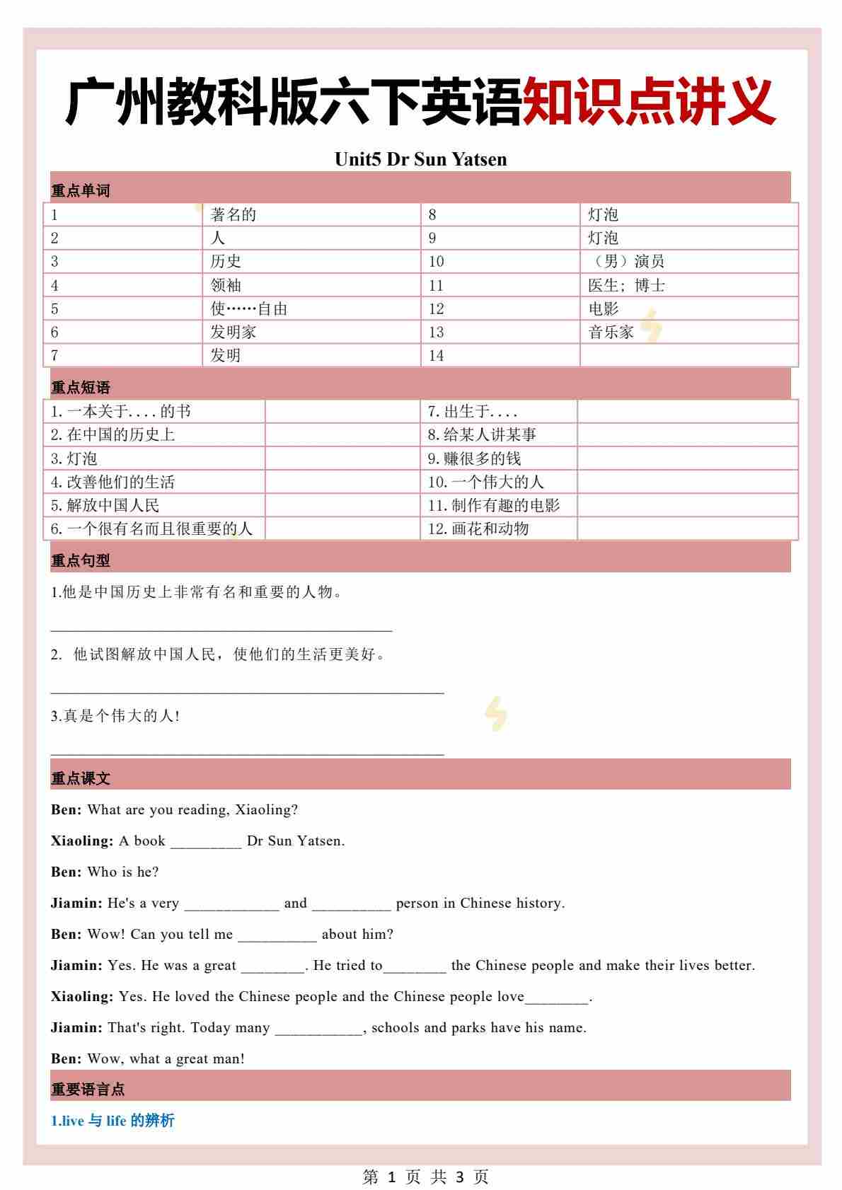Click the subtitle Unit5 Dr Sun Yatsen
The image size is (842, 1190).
click(420, 159)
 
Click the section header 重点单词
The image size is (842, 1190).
click(80, 191)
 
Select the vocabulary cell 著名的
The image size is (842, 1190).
click(233, 214)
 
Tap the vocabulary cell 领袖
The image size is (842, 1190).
click(226, 285)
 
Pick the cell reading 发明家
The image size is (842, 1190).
click(233, 332)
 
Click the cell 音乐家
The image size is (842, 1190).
click(611, 332)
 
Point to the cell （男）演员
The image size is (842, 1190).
click(626, 261)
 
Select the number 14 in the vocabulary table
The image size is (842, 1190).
click(436, 355)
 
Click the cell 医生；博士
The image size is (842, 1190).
click(626, 285)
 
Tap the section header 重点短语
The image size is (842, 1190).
click(80, 388)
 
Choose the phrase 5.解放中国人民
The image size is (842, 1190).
click(105, 505)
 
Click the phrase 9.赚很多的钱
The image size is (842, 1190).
click(474, 458)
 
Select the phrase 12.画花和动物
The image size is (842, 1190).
click(478, 528)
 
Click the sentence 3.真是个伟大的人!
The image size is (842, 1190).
click(115, 716)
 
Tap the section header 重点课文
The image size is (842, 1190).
click(80, 779)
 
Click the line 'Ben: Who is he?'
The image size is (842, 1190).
click(105, 872)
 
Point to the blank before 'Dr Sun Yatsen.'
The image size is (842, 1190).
click(206, 842)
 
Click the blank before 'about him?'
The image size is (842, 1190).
click(277, 935)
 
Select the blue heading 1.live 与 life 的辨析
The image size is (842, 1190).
click(113, 1121)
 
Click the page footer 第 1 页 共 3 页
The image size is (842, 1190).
click(425, 1177)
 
